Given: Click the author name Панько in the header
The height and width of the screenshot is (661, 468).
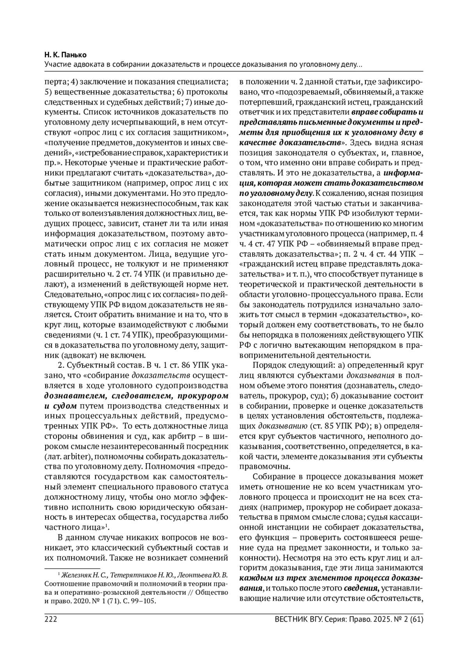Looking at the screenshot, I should point(77,55).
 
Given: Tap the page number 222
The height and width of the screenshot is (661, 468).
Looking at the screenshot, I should point(51,619).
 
